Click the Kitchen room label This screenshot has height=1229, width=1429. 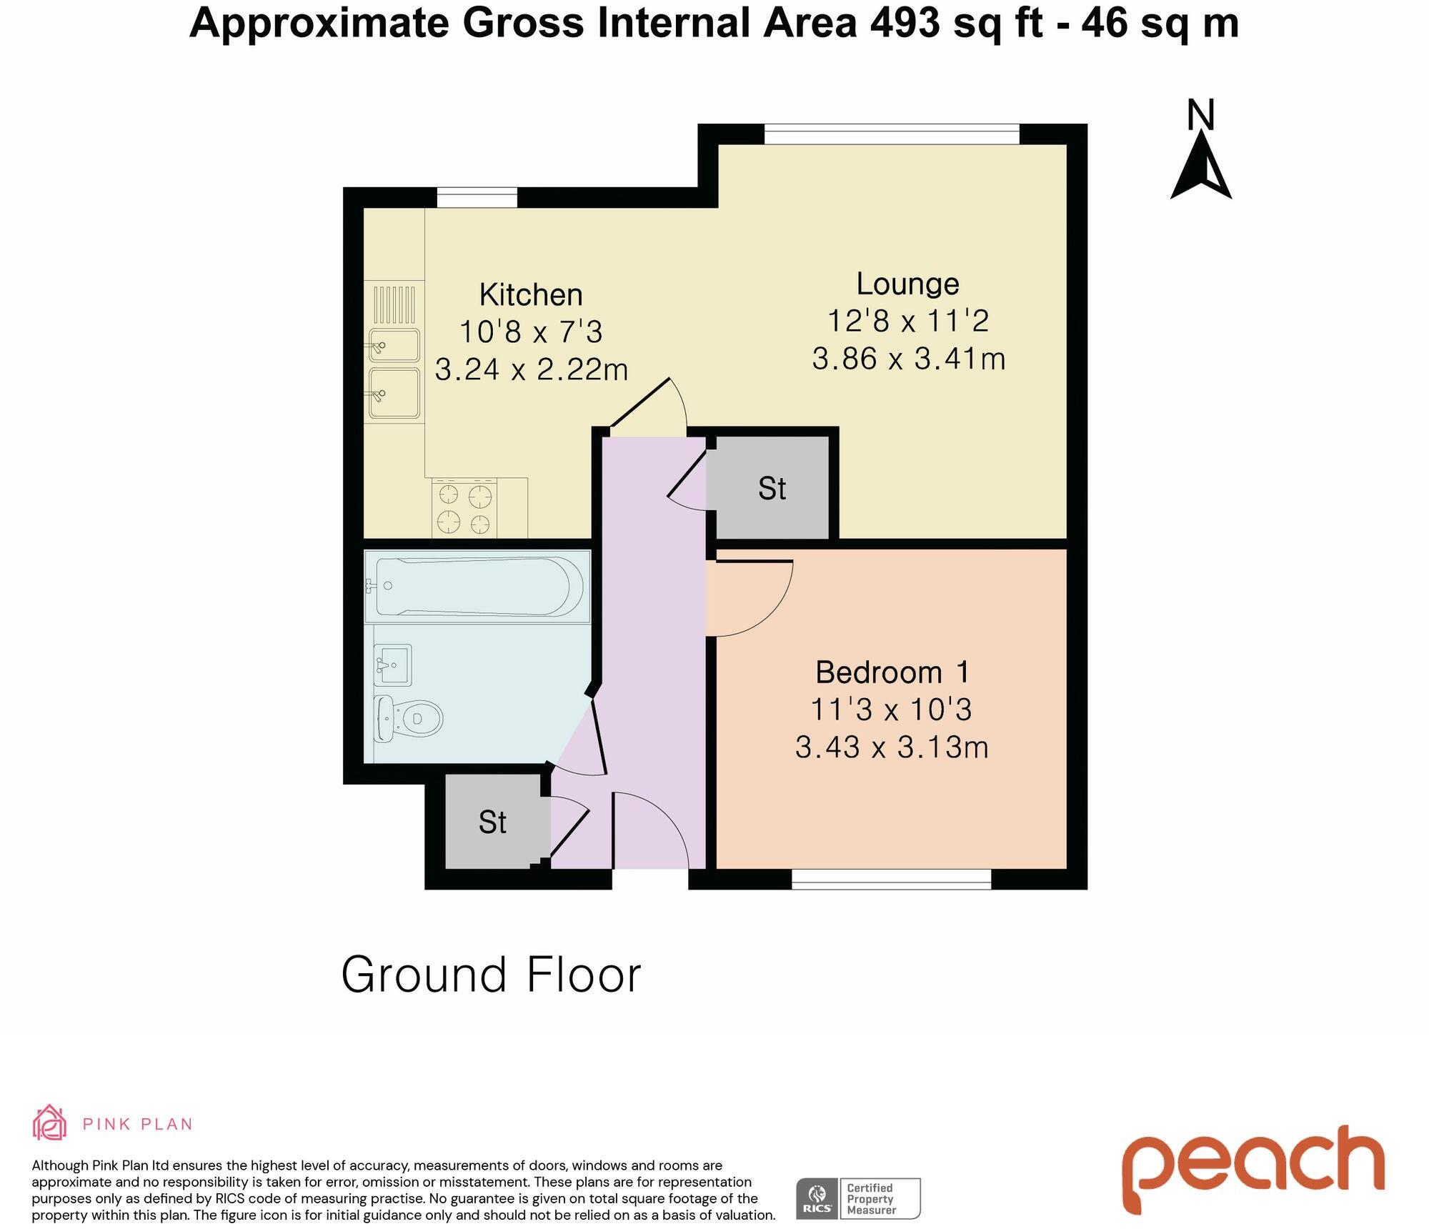click(531, 294)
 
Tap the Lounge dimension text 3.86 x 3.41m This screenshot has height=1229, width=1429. click(908, 359)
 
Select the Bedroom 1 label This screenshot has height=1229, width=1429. click(892, 672)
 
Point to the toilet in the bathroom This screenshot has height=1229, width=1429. click(410, 717)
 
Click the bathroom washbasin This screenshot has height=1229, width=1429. click(393, 665)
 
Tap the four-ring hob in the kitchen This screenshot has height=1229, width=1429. click(464, 509)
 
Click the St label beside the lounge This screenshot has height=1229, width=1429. click(772, 489)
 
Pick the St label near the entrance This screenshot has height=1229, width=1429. click(492, 822)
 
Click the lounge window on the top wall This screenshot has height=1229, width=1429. click(892, 134)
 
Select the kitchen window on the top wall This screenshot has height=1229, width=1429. click(477, 197)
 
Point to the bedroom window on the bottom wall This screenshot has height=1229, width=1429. click(891, 879)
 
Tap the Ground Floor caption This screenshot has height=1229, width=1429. click(491, 975)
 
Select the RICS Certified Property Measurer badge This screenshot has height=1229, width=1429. click(858, 1198)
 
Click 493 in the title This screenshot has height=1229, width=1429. click(905, 23)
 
